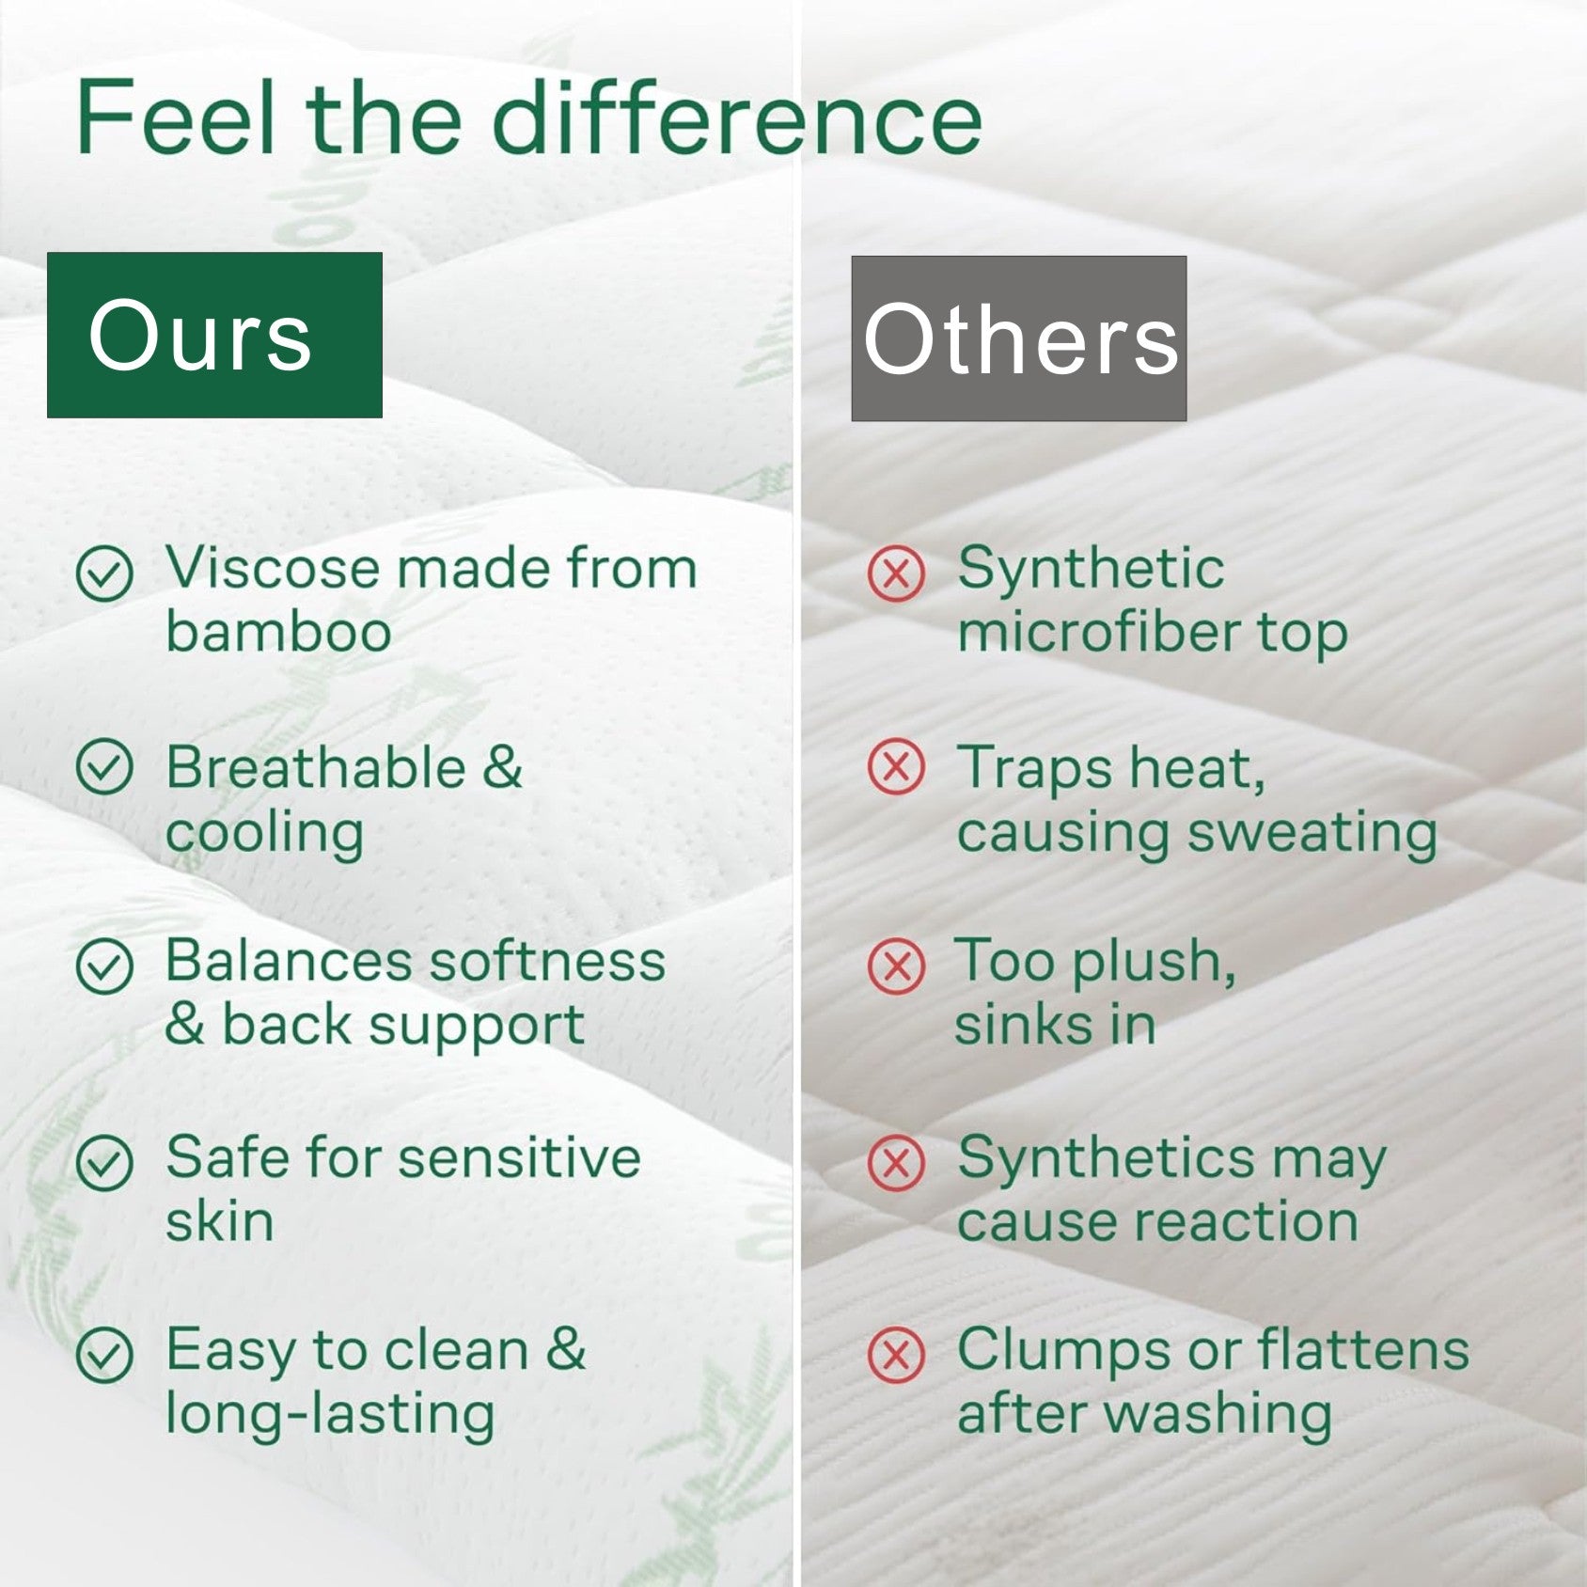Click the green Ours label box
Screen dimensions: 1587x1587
coord(214,335)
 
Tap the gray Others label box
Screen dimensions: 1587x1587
coord(1018,338)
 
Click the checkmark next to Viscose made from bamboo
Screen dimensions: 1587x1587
coord(104,574)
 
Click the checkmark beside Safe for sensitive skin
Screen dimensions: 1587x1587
coord(104,1163)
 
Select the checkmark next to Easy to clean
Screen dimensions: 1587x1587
coord(104,1355)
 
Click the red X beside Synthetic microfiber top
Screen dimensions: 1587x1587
coord(896,574)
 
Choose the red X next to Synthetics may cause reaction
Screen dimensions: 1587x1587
coord(896,1163)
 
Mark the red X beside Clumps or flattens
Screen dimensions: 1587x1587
coord(896,1355)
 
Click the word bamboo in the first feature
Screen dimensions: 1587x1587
coord(278,632)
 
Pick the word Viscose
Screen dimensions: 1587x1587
coord(272,569)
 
